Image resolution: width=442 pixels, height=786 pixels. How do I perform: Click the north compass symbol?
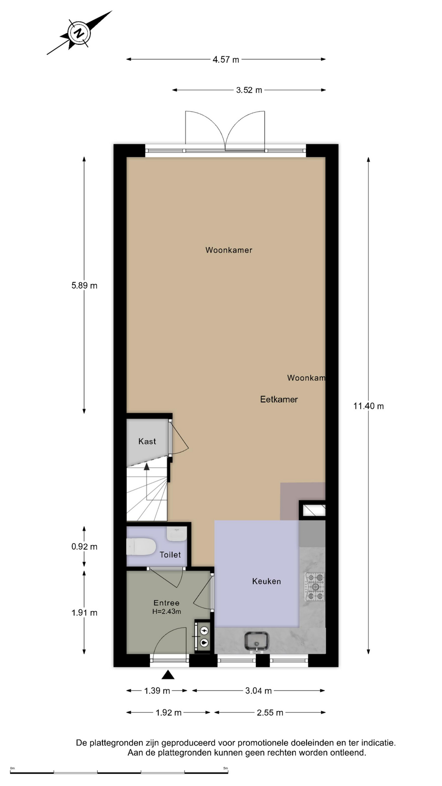click(x=79, y=33)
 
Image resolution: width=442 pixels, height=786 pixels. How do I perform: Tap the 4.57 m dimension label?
click(x=226, y=60)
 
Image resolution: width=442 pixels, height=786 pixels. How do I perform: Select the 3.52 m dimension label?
click(x=249, y=90)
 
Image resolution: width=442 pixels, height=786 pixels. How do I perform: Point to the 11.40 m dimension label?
click(x=368, y=406)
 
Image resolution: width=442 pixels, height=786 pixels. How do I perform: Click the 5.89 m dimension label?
click(x=84, y=286)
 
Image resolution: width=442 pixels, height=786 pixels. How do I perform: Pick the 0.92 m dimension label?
click(x=84, y=547)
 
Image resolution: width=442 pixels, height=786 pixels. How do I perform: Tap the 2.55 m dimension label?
click(x=270, y=713)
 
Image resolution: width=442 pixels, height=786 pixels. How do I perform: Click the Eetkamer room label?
click(x=279, y=400)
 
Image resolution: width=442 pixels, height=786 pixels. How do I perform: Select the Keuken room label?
click(x=266, y=581)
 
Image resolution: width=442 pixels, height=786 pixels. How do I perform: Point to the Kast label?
click(x=147, y=441)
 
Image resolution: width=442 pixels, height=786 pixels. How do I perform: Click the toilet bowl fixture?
click(x=141, y=547)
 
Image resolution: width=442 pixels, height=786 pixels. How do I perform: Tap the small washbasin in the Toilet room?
click(x=177, y=533)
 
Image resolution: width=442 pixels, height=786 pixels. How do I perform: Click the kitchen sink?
click(x=257, y=641)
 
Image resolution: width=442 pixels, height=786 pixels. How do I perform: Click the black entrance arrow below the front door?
click(x=168, y=675)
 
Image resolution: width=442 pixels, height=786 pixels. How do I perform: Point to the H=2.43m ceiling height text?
click(x=167, y=612)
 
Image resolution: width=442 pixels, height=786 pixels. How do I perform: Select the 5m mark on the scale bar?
click(x=226, y=768)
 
